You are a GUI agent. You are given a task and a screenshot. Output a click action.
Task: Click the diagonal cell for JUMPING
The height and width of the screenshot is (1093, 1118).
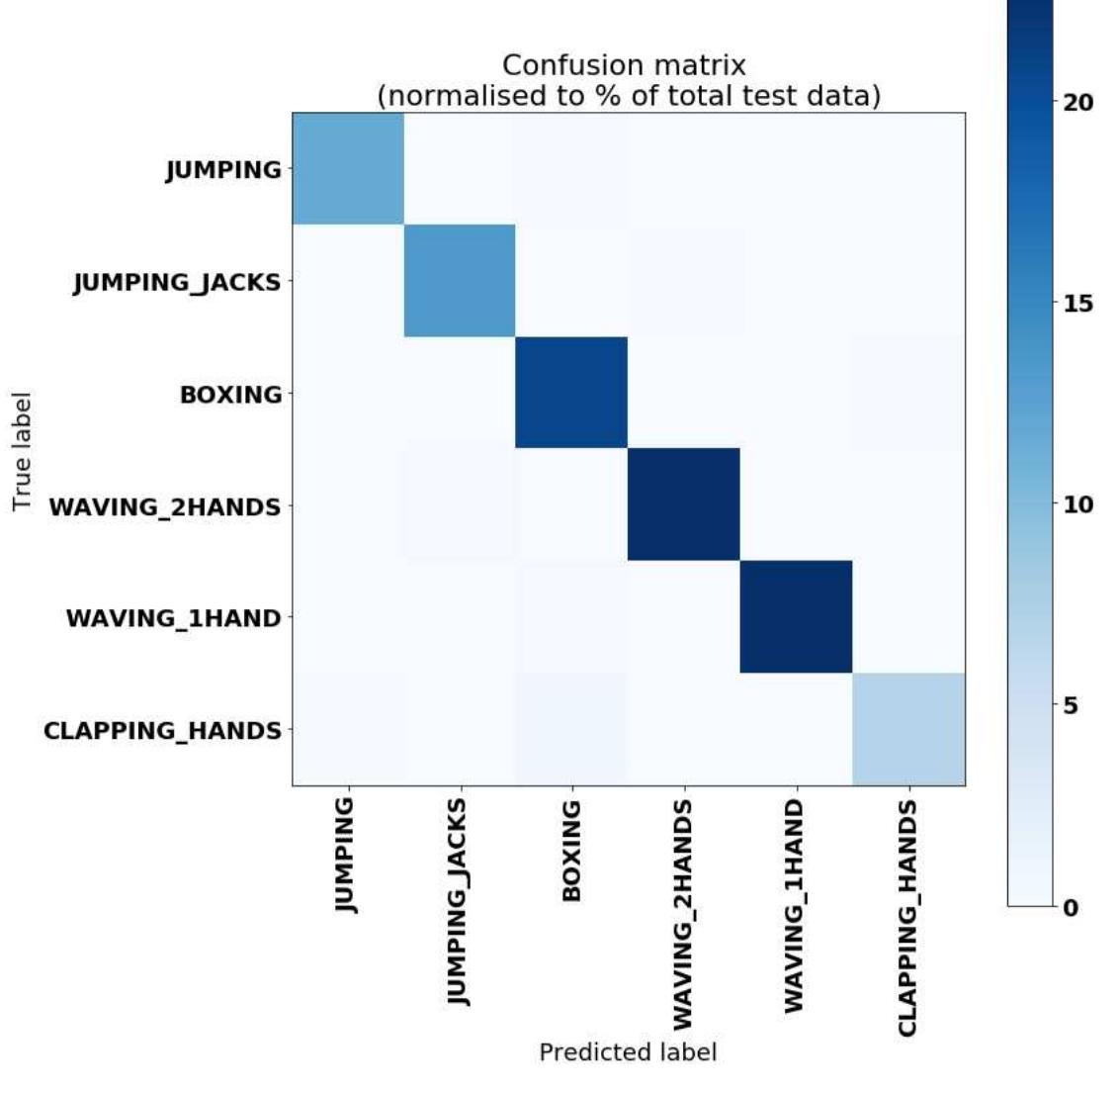click(348, 169)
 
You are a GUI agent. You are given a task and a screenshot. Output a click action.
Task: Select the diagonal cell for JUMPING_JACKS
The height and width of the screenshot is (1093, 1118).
click(460, 281)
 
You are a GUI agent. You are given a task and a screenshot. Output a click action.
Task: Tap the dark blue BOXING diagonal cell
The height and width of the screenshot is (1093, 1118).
click(571, 393)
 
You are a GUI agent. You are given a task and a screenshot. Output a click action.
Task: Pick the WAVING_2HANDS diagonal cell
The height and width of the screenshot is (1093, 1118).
click(684, 504)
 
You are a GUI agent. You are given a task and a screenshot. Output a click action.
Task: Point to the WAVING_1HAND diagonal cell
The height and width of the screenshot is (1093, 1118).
click(796, 616)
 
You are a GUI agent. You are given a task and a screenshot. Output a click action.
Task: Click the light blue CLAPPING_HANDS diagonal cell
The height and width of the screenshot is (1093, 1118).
click(908, 729)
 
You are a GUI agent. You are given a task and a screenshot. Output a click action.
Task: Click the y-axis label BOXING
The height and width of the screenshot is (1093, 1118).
click(230, 395)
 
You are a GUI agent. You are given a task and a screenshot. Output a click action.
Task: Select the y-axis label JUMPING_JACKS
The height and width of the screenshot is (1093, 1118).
click(177, 283)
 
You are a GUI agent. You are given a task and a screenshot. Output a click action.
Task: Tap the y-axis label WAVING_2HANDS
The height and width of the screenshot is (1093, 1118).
click(165, 507)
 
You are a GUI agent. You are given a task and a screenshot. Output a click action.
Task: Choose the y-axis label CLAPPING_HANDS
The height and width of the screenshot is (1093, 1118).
click(162, 731)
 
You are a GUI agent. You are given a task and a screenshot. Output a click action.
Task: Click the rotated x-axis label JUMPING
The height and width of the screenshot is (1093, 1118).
click(345, 856)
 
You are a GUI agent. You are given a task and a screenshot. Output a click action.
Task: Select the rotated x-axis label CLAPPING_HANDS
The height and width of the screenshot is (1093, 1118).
click(907, 919)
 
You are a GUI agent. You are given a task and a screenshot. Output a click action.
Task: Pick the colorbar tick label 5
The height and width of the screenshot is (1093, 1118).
click(1071, 706)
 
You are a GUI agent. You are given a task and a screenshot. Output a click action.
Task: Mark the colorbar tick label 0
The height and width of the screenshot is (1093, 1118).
click(1071, 907)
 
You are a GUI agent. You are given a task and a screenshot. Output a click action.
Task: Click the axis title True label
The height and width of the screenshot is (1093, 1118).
click(23, 452)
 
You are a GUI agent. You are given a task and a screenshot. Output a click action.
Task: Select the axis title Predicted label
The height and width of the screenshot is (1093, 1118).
click(628, 1052)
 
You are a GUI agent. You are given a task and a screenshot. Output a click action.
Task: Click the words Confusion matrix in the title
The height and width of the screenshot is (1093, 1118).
click(624, 65)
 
